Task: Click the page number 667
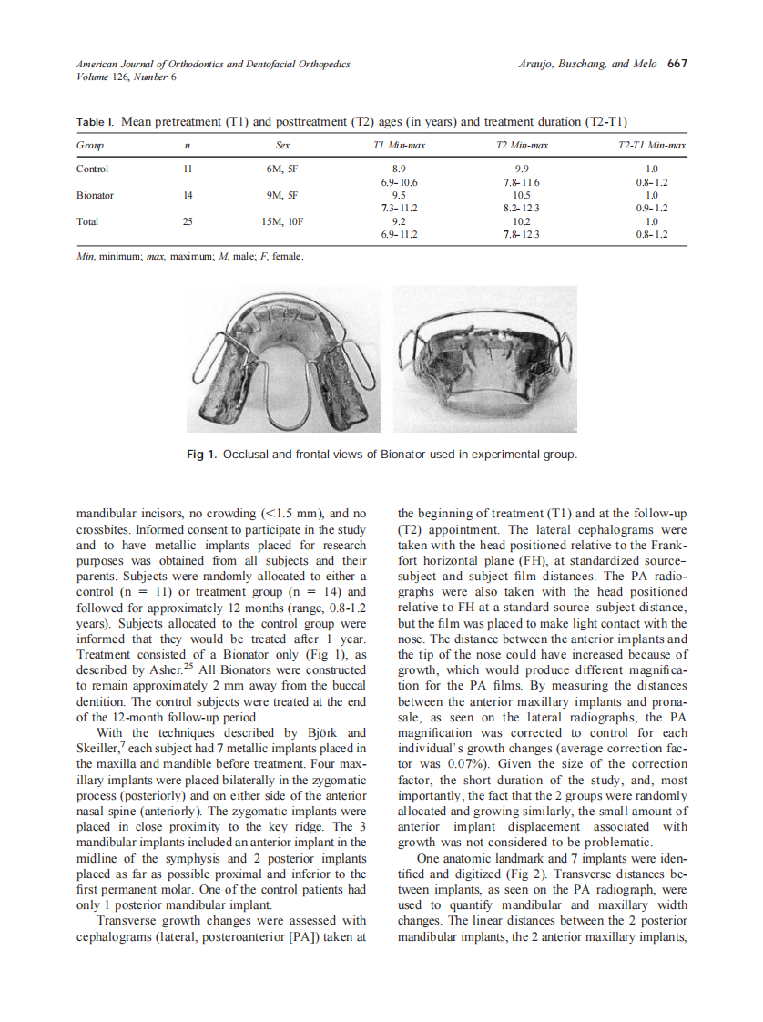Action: click(x=677, y=64)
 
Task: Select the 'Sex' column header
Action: click(x=283, y=146)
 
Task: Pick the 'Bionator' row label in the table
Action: click(x=95, y=195)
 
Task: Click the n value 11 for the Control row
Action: click(x=188, y=169)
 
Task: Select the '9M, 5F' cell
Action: click(x=283, y=195)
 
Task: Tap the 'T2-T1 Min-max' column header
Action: click(x=651, y=146)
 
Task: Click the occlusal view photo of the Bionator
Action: click(x=284, y=359)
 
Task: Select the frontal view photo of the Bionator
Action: click(x=484, y=359)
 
